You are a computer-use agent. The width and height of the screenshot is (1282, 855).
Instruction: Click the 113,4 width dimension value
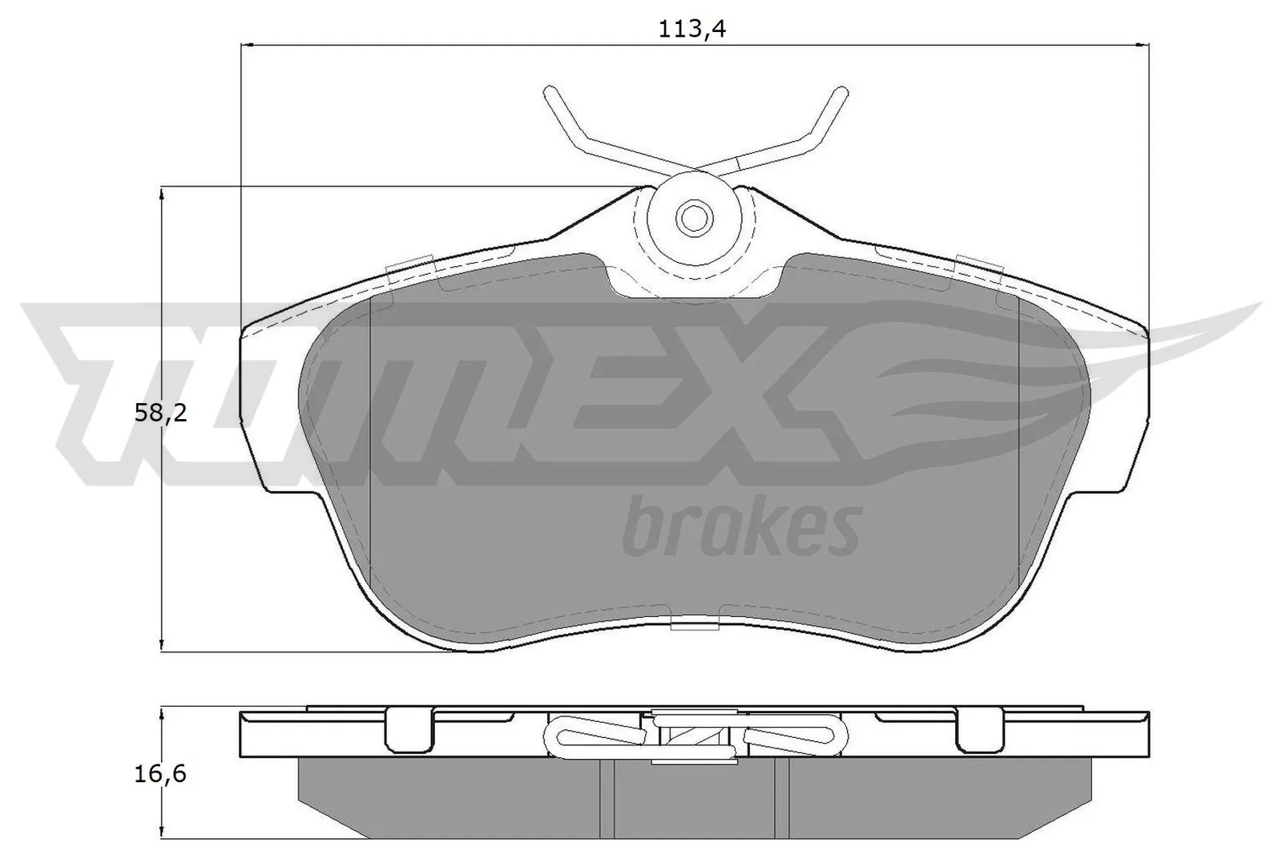[x=686, y=30]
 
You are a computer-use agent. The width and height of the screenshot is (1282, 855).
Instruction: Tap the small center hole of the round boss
[x=693, y=216]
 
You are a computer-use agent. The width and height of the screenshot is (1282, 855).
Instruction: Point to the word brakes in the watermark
[x=740, y=526]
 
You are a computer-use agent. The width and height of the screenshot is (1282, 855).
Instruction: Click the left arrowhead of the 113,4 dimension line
[x=245, y=46]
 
